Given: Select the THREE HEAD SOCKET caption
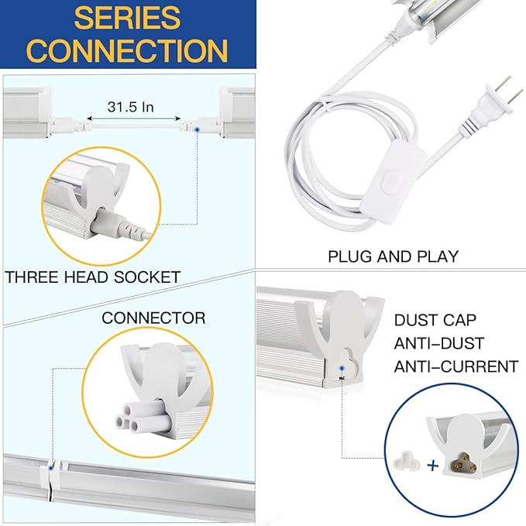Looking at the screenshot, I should tap(93, 277).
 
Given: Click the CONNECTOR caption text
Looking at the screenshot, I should tap(153, 318).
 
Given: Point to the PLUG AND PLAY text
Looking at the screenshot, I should tap(393, 256).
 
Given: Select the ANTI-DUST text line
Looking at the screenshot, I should tap(439, 343).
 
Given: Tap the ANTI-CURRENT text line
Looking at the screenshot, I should tap(456, 366).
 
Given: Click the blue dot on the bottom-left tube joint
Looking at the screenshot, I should tap(52, 467).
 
